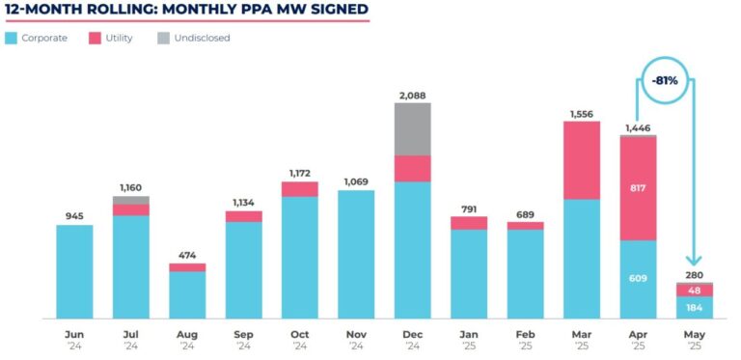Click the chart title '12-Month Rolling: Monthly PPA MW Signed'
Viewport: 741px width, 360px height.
click(186, 11)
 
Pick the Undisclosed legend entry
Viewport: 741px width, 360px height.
click(193, 38)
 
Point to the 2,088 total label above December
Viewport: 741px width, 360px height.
click(412, 95)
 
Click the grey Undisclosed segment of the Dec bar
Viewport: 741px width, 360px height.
click(412, 128)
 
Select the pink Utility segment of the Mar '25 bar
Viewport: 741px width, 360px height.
click(582, 160)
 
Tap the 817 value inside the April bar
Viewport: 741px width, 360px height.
click(639, 189)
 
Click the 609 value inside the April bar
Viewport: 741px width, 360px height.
click(639, 279)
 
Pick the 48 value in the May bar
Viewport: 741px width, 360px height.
click(695, 290)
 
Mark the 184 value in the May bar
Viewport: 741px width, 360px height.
click(695, 308)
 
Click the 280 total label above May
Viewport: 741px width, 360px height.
click(695, 274)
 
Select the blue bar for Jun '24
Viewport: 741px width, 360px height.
click(74, 271)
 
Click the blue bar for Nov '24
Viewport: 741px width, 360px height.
click(356, 254)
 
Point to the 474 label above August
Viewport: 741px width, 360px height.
click(187, 255)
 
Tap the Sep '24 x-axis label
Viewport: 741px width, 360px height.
click(243, 339)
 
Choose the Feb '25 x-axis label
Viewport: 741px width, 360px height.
click(526, 339)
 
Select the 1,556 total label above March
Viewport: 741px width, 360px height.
click(582, 113)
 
